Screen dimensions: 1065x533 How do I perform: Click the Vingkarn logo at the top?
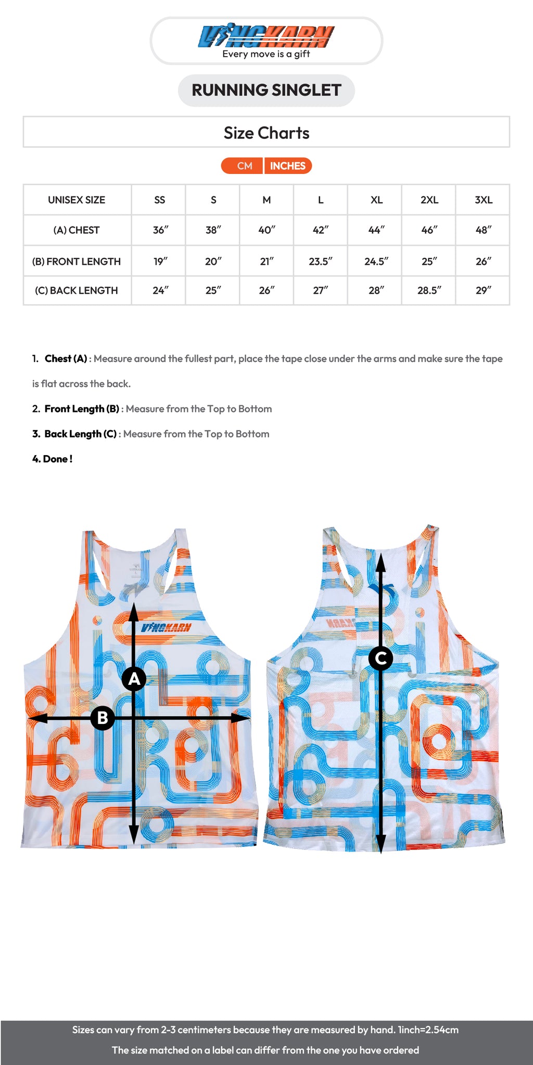[x=266, y=37]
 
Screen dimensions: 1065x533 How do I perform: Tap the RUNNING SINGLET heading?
[x=266, y=90]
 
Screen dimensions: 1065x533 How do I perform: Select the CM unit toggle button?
[x=244, y=166]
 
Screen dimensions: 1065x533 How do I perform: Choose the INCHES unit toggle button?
[x=287, y=166]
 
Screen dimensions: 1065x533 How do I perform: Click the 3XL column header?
[x=483, y=200]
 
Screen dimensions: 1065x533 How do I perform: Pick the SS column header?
[x=159, y=200]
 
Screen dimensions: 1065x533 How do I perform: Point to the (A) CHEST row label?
[x=77, y=230]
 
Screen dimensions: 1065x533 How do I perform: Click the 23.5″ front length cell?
[x=320, y=261]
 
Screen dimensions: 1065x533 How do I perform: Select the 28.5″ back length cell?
[x=429, y=291]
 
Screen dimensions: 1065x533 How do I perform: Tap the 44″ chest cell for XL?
[x=376, y=230]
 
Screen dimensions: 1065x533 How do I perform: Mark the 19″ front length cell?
[x=160, y=261]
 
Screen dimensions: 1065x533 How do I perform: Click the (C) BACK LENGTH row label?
[x=77, y=291]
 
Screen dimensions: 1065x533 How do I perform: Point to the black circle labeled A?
[x=134, y=679]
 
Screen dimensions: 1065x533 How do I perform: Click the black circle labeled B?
[x=103, y=718]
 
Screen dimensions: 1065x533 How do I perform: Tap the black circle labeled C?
[x=380, y=658]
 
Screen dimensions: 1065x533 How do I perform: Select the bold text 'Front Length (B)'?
[x=82, y=409]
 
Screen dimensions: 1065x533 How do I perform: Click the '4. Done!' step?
[x=52, y=459]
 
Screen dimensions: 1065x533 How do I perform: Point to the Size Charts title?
[x=266, y=133]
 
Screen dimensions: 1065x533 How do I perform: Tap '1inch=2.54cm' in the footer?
[x=428, y=1030]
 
